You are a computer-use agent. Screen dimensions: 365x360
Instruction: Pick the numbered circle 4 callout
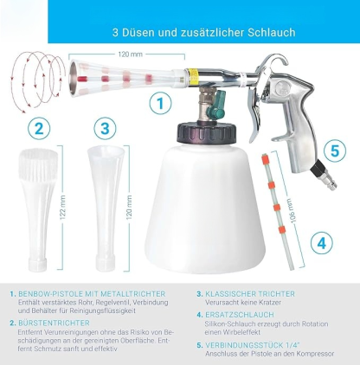320,243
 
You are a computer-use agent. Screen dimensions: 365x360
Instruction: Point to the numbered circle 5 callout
337,149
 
